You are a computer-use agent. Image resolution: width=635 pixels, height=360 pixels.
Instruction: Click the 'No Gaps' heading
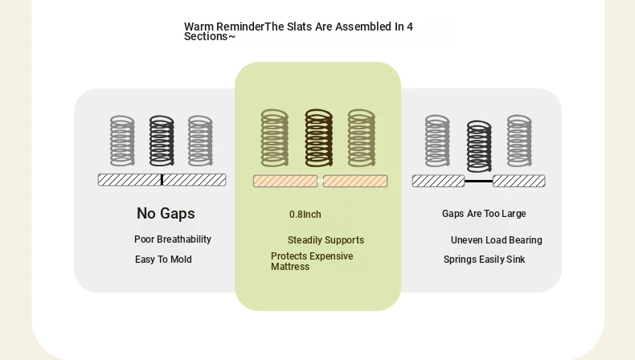(x=166, y=214)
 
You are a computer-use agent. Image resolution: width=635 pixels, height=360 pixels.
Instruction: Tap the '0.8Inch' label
(x=305, y=215)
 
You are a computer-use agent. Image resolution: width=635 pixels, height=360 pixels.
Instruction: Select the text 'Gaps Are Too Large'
(x=484, y=214)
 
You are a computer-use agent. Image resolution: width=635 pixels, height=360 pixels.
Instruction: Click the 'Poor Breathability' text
(x=173, y=239)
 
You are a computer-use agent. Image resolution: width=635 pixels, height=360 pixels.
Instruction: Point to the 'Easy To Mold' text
(x=163, y=260)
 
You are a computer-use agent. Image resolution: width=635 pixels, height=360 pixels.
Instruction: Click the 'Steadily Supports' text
(x=326, y=240)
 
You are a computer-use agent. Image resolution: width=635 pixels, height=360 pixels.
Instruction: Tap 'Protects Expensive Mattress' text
(x=312, y=262)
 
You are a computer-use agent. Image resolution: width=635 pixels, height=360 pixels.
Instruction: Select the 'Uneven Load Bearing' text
(x=496, y=240)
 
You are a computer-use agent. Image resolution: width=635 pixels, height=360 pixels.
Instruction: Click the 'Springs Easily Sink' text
(x=484, y=260)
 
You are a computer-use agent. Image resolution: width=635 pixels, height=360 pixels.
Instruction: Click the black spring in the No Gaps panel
(x=162, y=141)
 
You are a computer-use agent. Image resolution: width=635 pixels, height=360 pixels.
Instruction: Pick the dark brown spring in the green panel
(x=319, y=137)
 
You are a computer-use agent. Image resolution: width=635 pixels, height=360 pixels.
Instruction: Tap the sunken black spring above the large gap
(x=479, y=146)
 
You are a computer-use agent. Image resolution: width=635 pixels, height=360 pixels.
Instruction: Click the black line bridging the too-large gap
(x=479, y=181)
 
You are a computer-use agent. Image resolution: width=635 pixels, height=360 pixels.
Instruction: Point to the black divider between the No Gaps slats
(x=162, y=180)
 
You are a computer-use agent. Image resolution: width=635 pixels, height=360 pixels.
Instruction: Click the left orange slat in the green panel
(x=285, y=181)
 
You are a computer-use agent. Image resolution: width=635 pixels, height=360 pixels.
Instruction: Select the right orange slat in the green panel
(x=355, y=181)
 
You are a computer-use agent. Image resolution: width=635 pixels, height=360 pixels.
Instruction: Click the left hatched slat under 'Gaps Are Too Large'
(x=438, y=181)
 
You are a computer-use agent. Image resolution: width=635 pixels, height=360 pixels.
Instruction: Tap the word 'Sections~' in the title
(x=210, y=36)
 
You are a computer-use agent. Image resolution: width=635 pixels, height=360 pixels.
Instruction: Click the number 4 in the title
(x=410, y=27)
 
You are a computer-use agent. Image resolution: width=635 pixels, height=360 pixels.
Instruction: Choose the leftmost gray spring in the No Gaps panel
(x=122, y=141)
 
